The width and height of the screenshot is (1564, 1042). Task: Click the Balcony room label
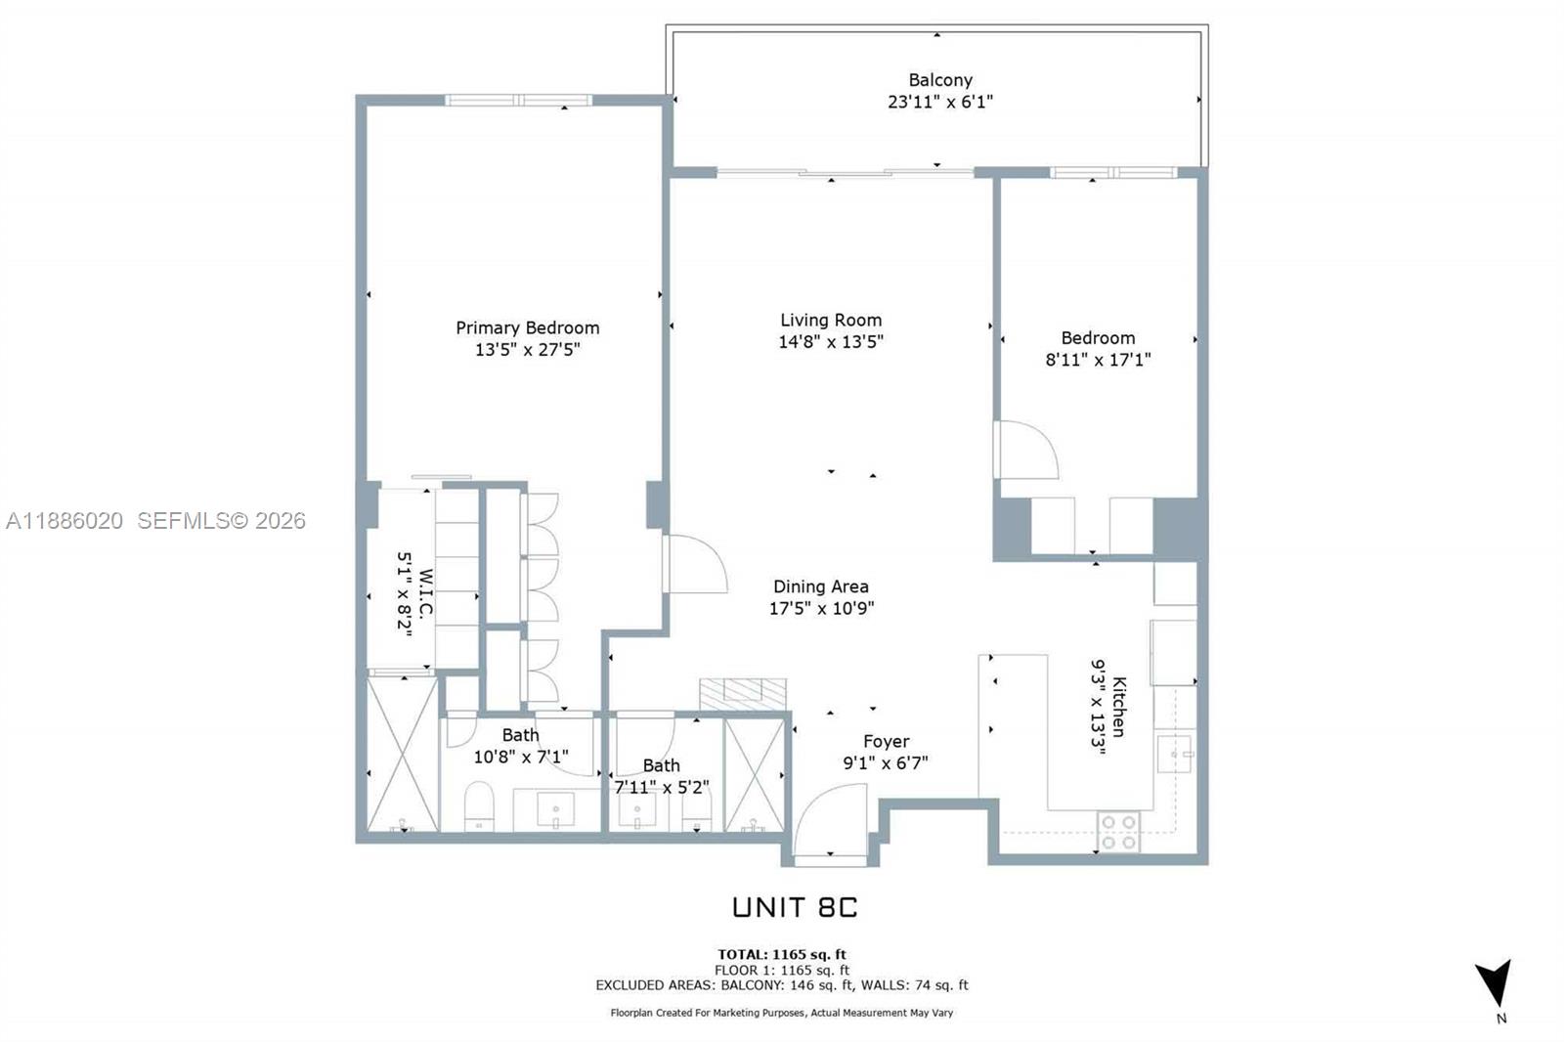coord(940,80)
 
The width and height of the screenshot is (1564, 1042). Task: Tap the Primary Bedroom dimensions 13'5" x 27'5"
coord(527,350)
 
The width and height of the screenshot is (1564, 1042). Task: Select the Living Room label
coord(831,320)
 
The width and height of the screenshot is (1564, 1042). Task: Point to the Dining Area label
coord(820,586)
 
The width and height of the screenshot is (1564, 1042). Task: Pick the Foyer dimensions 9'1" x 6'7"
coord(886,762)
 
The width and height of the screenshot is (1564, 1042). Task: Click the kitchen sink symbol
coord(1174,754)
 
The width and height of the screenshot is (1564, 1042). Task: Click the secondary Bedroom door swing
coord(1026,450)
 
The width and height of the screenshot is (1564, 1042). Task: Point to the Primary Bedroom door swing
coord(696,564)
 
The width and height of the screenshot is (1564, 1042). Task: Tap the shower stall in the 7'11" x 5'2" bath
coord(755,775)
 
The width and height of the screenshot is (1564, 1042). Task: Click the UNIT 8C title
coord(795,907)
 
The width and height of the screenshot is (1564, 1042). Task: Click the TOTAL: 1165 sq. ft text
coord(782,954)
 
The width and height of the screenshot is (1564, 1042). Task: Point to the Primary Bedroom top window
coord(519,100)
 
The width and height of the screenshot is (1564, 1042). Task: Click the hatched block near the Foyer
coord(743,694)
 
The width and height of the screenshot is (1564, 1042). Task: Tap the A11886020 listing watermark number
coord(65,521)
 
